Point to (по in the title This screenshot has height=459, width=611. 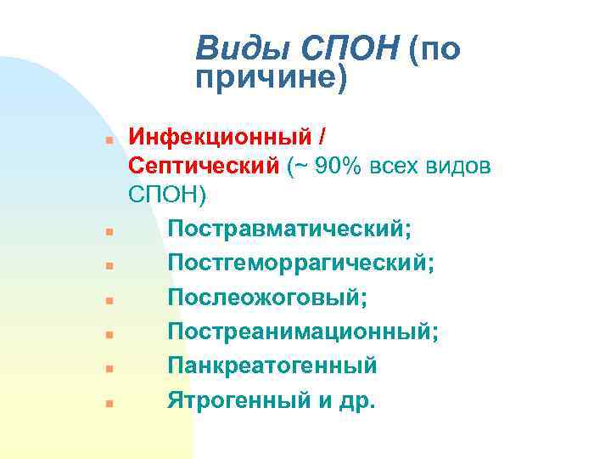(434, 50)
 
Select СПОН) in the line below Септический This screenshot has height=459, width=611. (167, 194)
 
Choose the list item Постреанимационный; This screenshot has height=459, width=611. (303, 331)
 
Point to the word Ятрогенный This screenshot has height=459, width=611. (241, 399)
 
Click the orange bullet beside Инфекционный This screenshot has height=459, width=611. (109, 138)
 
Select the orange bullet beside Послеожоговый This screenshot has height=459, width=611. (109, 300)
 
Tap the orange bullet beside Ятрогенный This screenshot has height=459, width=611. (109, 402)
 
